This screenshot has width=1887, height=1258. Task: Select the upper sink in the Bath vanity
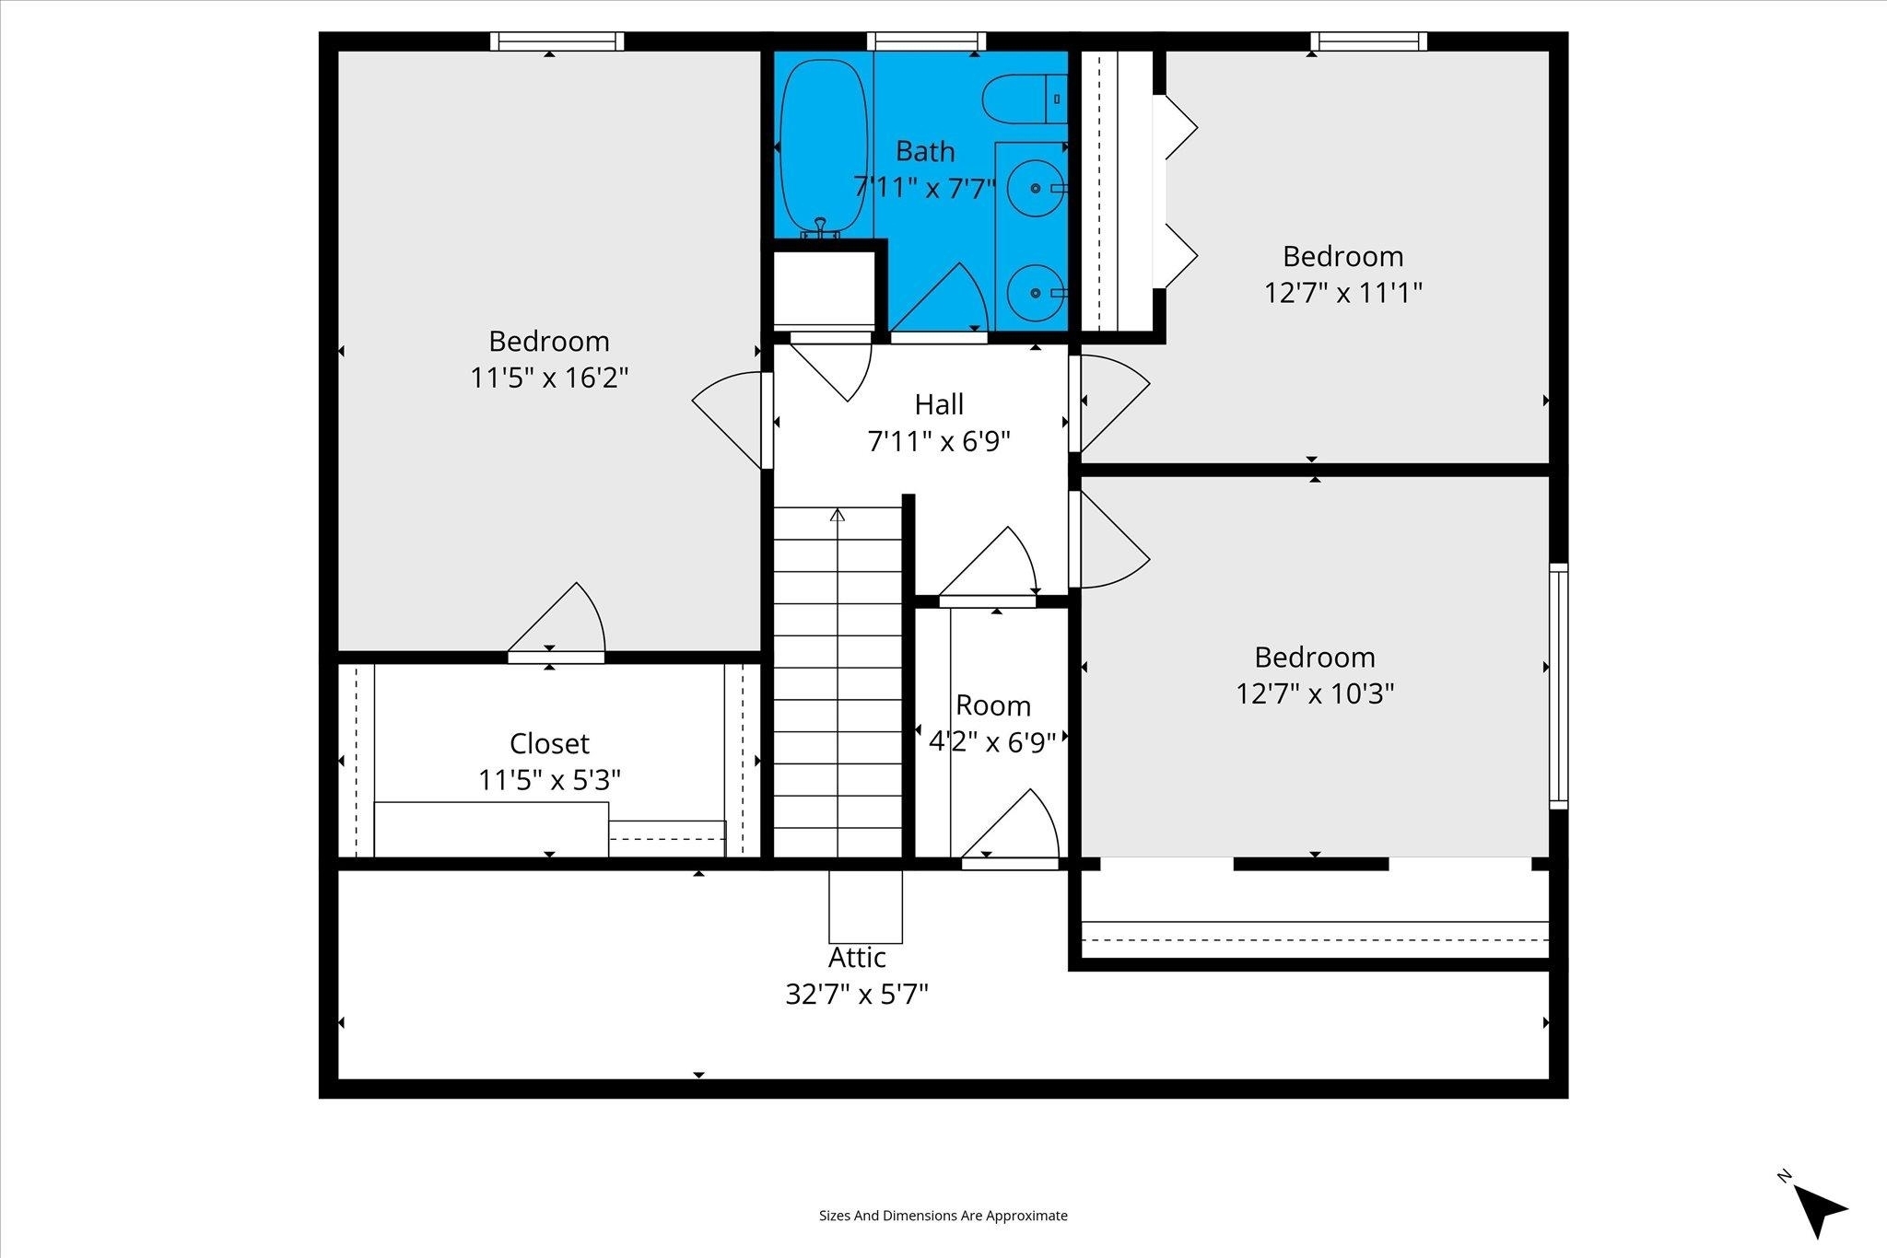pos(1036,188)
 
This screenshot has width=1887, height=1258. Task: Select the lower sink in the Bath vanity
pos(1036,292)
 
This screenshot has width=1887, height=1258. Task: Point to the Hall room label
pos(939,404)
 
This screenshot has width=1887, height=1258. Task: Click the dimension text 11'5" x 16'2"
pos(549,378)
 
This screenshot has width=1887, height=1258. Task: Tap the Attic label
pos(857,958)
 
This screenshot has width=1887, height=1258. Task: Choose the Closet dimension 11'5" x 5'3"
pos(549,780)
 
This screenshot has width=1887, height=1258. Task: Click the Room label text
pos(992,705)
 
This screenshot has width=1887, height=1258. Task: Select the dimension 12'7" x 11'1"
pos(1342,293)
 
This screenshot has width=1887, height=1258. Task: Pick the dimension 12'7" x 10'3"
pos(1315,693)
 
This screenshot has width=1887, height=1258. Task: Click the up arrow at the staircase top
pos(838,515)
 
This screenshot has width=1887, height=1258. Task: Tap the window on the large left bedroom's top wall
pos(557,41)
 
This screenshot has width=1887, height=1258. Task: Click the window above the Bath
pos(926,41)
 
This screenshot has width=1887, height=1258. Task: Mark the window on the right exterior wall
pos(1558,686)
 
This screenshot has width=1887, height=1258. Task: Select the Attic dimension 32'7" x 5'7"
pos(857,995)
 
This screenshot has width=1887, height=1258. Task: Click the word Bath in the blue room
pos(925,151)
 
